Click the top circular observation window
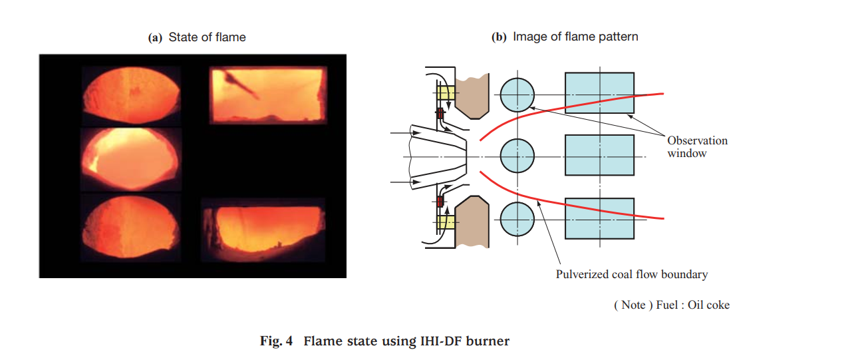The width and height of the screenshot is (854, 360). tap(517, 94)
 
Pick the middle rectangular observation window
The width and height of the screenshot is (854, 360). tap(599, 155)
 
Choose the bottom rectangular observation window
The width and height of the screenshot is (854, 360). tap(599, 218)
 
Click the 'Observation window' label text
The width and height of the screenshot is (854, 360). tap(697, 147)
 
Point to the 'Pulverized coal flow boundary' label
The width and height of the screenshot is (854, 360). tap(631, 274)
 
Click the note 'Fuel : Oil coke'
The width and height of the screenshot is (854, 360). tap(671, 305)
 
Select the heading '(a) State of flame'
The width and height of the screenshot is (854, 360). tap(196, 37)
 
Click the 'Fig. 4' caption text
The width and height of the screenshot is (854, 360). tap(384, 341)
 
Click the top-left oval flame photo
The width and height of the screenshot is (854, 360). tap(130, 95)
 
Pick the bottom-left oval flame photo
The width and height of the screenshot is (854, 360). tap(130, 226)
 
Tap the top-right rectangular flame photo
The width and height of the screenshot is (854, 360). tap(269, 94)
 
